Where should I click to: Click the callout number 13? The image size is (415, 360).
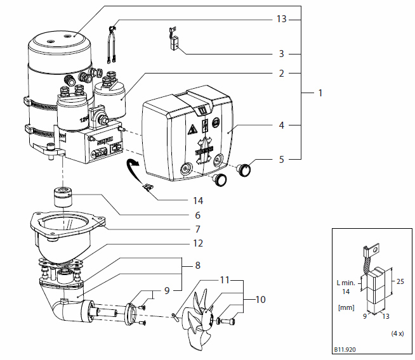(x=280, y=20)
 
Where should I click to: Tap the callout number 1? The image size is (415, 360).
(x=320, y=93)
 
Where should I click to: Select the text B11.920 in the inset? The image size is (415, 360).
(x=345, y=349)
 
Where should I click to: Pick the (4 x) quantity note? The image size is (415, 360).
(x=396, y=333)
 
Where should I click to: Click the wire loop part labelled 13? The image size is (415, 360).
(x=115, y=44)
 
